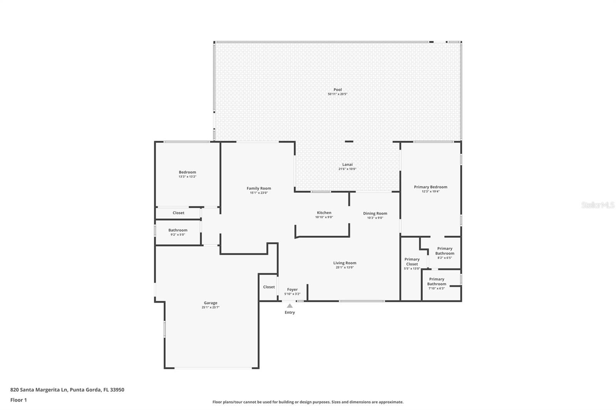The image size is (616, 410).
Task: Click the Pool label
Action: click(x=337, y=90)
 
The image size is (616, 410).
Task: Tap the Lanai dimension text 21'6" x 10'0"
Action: click(x=347, y=169)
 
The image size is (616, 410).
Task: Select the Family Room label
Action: click(x=259, y=188)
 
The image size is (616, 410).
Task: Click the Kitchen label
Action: click(x=324, y=213)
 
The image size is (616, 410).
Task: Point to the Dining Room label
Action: click(x=375, y=213)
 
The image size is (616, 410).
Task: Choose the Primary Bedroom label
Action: click(x=430, y=187)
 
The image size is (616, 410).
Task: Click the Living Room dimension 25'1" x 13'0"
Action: click(x=345, y=267)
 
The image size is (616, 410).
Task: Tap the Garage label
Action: click(x=211, y=303)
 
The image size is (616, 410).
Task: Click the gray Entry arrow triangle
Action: click(x=290, y=306)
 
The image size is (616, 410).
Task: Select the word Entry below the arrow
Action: click(x=290, y=312)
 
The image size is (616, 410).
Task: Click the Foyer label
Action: click(x=292, y=290)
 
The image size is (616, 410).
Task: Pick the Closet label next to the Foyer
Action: click(x=269, y=287)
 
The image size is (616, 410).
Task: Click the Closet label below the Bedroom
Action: click(x=178, y=213)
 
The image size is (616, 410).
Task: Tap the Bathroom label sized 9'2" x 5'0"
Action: click(x=177, y=230)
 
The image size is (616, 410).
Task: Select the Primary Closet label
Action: click(x=412, y=262)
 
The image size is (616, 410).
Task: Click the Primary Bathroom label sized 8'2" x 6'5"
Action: click(x=445, y=251)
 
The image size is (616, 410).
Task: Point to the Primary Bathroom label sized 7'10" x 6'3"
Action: click(x=436, y=282)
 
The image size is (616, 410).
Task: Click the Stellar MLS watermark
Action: click(x=598, y=205)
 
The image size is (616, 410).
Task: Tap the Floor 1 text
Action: click(x=18, y=400)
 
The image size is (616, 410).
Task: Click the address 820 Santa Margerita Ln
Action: click(x=38, y=390)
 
